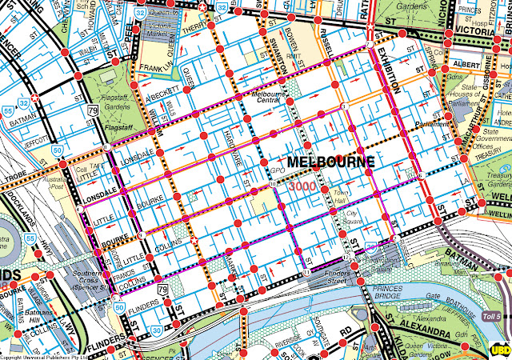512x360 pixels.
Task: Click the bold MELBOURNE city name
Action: (x=330, y=162)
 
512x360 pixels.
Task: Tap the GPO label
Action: (x=277, y=171)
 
